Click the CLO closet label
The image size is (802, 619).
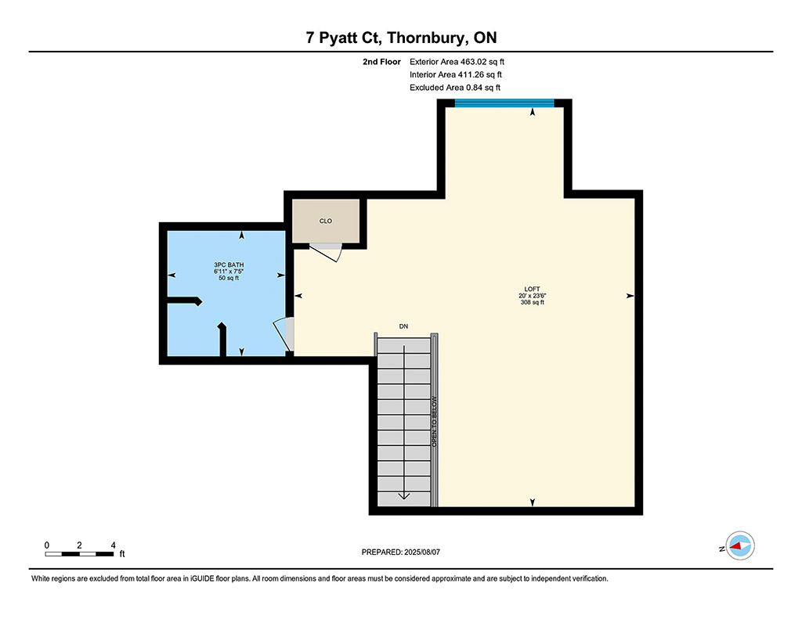point(325,221)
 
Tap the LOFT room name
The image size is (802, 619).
point(532,289)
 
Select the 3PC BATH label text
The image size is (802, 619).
point(229,265)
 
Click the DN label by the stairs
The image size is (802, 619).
point(403,326)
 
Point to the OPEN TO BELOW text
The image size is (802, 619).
point(434,422)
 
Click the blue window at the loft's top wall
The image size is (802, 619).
point(504,103)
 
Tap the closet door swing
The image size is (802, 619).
point(326,252)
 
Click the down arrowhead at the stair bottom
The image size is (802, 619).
point(404,495)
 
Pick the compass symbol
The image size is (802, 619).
point(740,545)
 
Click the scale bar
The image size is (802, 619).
point(79,554)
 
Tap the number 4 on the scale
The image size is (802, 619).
point(113,545)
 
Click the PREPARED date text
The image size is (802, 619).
point(400,552)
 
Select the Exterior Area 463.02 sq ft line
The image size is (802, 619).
point(457,62)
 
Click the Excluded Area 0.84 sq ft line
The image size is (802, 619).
point(455,88)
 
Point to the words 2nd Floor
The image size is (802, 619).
point(381,62)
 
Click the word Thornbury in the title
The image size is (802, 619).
point(428,38)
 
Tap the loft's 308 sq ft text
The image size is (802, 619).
point(532,302)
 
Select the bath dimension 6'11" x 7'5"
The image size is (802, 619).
point(229,272)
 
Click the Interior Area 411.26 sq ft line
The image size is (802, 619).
point(456,74)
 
